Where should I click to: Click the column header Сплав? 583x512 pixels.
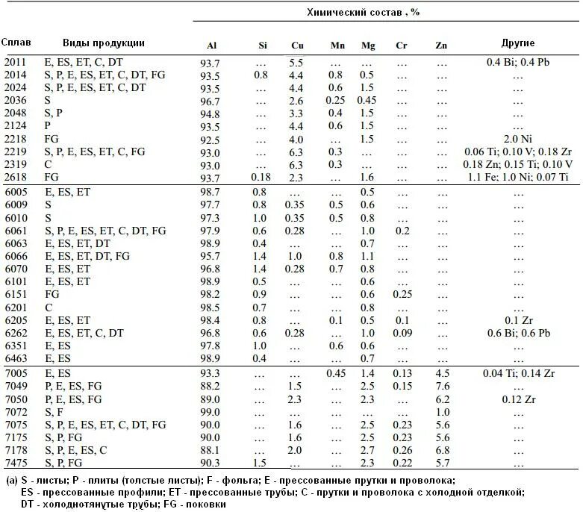14,43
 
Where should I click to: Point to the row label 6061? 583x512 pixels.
15,231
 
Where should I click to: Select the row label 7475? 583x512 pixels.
15,463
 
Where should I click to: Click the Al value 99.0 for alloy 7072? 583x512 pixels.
211,412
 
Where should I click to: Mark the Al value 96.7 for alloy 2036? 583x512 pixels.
211,101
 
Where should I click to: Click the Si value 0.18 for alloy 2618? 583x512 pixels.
261,177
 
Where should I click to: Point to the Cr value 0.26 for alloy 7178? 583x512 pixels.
402,450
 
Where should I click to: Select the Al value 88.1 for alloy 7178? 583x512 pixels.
211,450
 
